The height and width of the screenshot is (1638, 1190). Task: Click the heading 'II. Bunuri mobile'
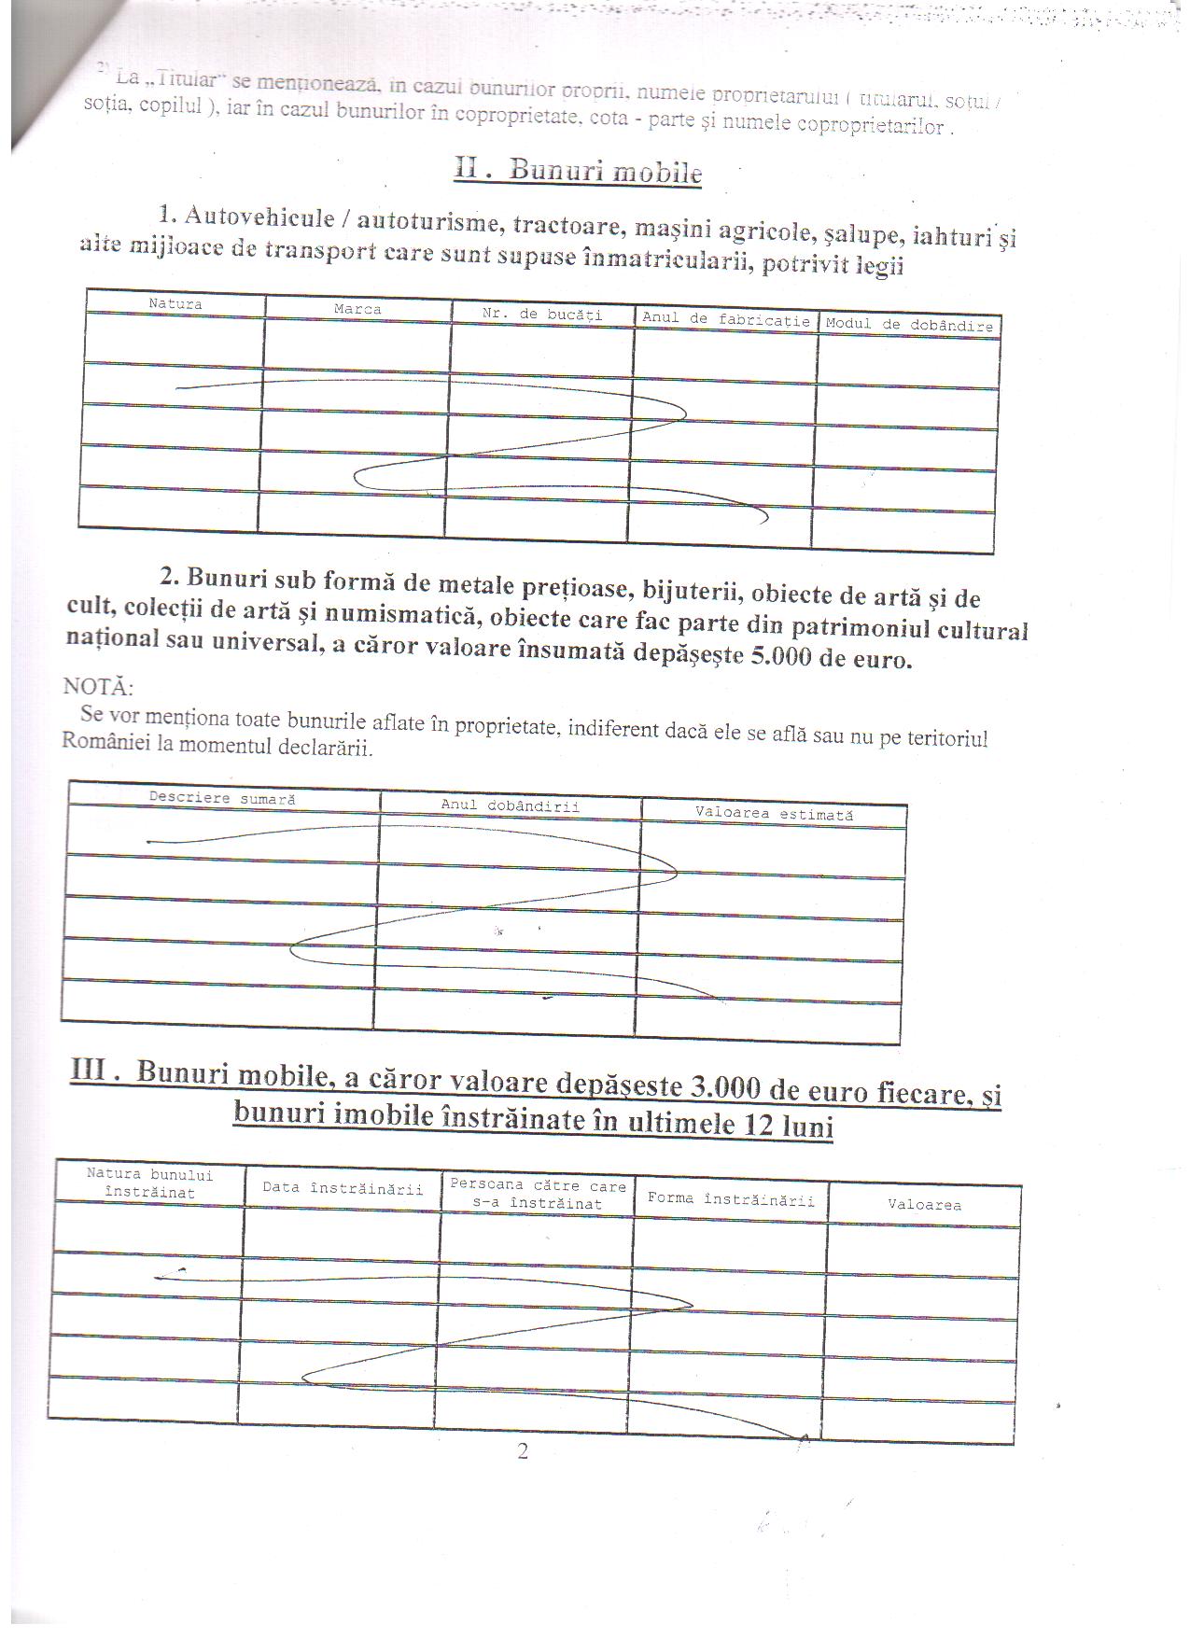578,170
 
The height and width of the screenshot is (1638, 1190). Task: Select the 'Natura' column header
175,303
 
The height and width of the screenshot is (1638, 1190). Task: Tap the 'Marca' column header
357,309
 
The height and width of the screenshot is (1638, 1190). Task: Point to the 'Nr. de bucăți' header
542,315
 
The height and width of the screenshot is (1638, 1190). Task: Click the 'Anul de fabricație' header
725,319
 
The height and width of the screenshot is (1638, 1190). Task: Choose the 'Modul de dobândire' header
908,325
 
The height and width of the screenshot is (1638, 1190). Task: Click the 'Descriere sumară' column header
222,799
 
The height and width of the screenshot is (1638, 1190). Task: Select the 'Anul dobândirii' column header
510,805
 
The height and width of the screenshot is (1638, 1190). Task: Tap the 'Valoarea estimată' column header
774,814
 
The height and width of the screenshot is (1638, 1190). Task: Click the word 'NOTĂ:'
98,687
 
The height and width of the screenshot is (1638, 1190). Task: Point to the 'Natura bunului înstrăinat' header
149,1183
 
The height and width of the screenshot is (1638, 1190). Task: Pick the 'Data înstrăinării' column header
342,1188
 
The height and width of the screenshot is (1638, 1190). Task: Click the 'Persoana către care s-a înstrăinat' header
538,1195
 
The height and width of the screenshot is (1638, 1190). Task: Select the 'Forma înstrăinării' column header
731,1199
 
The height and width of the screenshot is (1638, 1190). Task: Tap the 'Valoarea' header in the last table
924,1205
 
